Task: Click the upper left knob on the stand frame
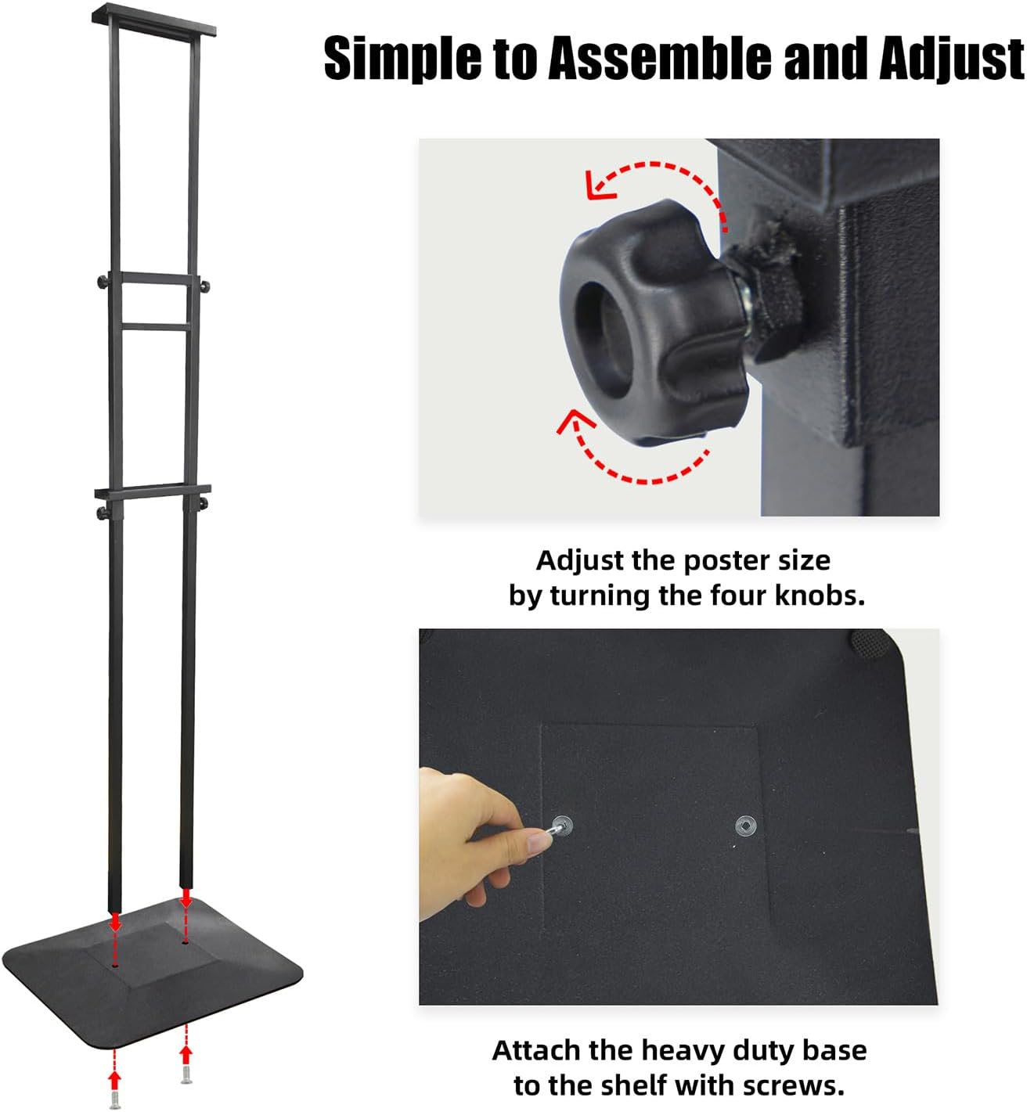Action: point(104,282)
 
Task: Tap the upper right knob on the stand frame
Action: point(206,286)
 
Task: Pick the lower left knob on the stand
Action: point(103,513)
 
